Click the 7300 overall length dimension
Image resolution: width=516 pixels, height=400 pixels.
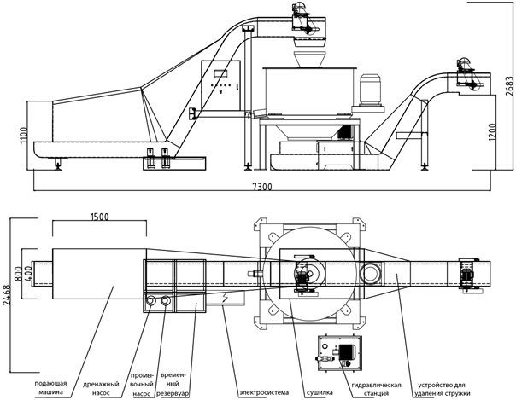[x=262, y=187]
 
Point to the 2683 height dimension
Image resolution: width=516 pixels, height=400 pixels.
[x=509, y=86]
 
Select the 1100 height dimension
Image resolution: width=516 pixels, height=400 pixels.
[x=24, y=136]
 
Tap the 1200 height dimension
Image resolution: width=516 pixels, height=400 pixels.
[x=491, y=132]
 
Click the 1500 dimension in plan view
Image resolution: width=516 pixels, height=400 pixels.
[x=99, y=217]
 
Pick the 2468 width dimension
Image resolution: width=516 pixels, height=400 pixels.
[x=6, y=294]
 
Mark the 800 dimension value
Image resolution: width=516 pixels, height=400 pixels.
[x=19, y=274]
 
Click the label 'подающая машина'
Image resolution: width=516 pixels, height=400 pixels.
[x=50, y=387]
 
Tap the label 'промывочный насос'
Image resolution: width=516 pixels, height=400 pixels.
[x=142, y=384]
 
